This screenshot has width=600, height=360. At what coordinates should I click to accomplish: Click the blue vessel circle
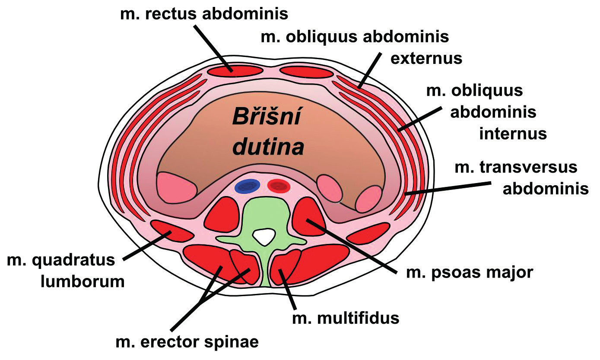247,186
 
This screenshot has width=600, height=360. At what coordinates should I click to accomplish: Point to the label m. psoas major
470,273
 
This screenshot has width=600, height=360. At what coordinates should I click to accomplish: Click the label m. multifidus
346,319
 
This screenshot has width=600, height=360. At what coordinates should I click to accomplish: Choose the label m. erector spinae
187,342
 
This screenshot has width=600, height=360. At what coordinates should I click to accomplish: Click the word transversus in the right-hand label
516,167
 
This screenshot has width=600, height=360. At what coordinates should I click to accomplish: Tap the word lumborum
83,281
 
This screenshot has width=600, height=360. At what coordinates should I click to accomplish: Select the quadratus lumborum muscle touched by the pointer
171,231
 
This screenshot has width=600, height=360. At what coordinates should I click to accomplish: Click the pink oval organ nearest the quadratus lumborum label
176,187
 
